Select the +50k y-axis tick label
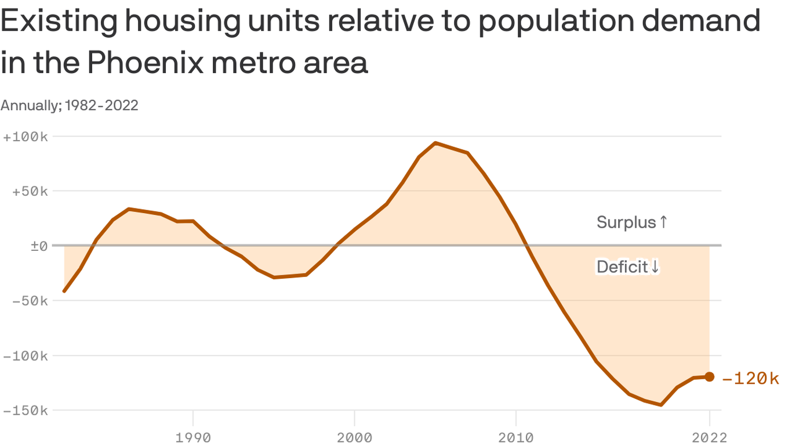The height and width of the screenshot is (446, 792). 28,192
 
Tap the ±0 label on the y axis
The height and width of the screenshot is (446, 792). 38,246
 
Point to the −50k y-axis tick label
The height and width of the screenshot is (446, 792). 28,301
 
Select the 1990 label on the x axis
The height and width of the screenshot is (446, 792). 193,437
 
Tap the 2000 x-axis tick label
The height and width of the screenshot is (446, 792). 354,437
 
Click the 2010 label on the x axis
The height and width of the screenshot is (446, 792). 515,437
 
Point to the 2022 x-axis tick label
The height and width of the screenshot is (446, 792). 709,437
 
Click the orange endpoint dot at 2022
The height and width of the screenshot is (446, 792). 709,377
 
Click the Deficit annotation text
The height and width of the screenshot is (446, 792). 628,267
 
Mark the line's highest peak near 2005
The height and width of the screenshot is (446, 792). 435,143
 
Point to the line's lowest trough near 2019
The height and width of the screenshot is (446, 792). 661,405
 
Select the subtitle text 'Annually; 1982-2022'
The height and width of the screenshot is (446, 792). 70,105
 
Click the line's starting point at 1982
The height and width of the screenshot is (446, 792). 64,291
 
